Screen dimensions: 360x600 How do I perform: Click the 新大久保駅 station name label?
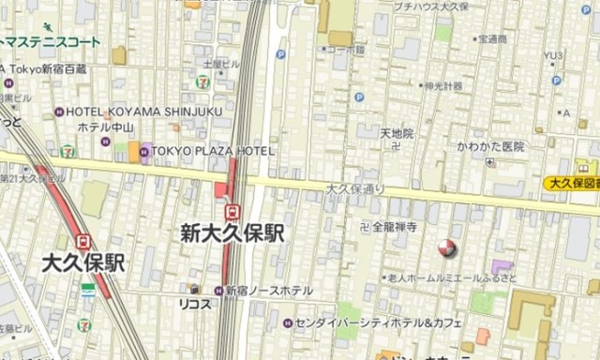pyautogui.click(x=232, y=233)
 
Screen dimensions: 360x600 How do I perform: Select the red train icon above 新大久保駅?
pyautogui.click(x=232, y=210)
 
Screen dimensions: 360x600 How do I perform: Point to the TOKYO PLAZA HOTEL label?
pyautogui.click(x=214, y=150)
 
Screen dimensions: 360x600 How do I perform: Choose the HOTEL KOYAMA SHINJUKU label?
pyautogui.click(x=143, y=111)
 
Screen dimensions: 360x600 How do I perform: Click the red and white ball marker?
pyautogui.click(x=446, y=248)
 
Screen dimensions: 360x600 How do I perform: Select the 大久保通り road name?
pyautogui.click(x=355, y=188)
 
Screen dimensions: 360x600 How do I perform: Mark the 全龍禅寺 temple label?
pyautogui.click(x=394, y=226)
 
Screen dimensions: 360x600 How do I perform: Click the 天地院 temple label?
pyautogui.click(x=397, y=134)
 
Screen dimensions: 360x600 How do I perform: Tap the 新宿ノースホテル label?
pyautogui.click(x=268, y=291)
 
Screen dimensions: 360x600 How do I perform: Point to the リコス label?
pyautogui.click(x=194, y=304)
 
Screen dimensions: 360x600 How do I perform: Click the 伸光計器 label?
pyautogui.click(x=442, y=87)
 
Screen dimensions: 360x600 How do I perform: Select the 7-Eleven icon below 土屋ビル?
pyautogui.click(x=202, y=82)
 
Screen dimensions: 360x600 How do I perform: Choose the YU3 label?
pyautogui.click(x=554, y=55)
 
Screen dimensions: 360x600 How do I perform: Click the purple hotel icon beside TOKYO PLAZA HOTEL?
pyautogui.click(x=146, y=150)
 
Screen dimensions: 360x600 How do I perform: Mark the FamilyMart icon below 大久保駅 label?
pyautogui.click(x=87, y=289)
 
